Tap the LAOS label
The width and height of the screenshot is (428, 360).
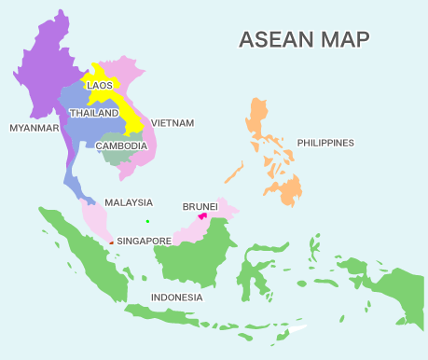pos(100,85)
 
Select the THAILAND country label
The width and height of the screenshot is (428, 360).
pos(94,113)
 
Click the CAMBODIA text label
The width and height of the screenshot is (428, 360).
pos(121,145)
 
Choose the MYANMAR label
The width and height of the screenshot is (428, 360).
pos(34,127)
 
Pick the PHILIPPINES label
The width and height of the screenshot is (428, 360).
pos(325,143)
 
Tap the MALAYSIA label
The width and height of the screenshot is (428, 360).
pos(128,202)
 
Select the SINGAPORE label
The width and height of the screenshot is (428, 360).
pos(144,241)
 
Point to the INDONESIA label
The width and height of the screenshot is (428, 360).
pos(176,298)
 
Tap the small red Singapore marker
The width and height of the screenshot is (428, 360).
pos(111,242)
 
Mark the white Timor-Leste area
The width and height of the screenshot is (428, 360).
pos(297,328)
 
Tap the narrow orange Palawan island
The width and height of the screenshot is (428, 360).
pos(234,173)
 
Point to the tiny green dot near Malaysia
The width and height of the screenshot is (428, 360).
pos(147,221)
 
